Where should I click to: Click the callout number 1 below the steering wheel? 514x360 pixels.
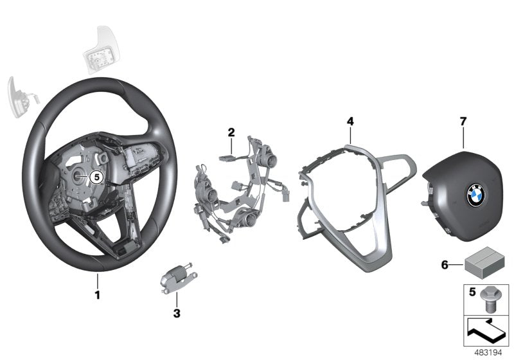[98, 295]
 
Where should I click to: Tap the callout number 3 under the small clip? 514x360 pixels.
[177, 314]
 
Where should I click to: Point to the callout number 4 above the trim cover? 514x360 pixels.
[350, 120]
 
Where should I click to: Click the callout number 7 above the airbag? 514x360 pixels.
[463, 120]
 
